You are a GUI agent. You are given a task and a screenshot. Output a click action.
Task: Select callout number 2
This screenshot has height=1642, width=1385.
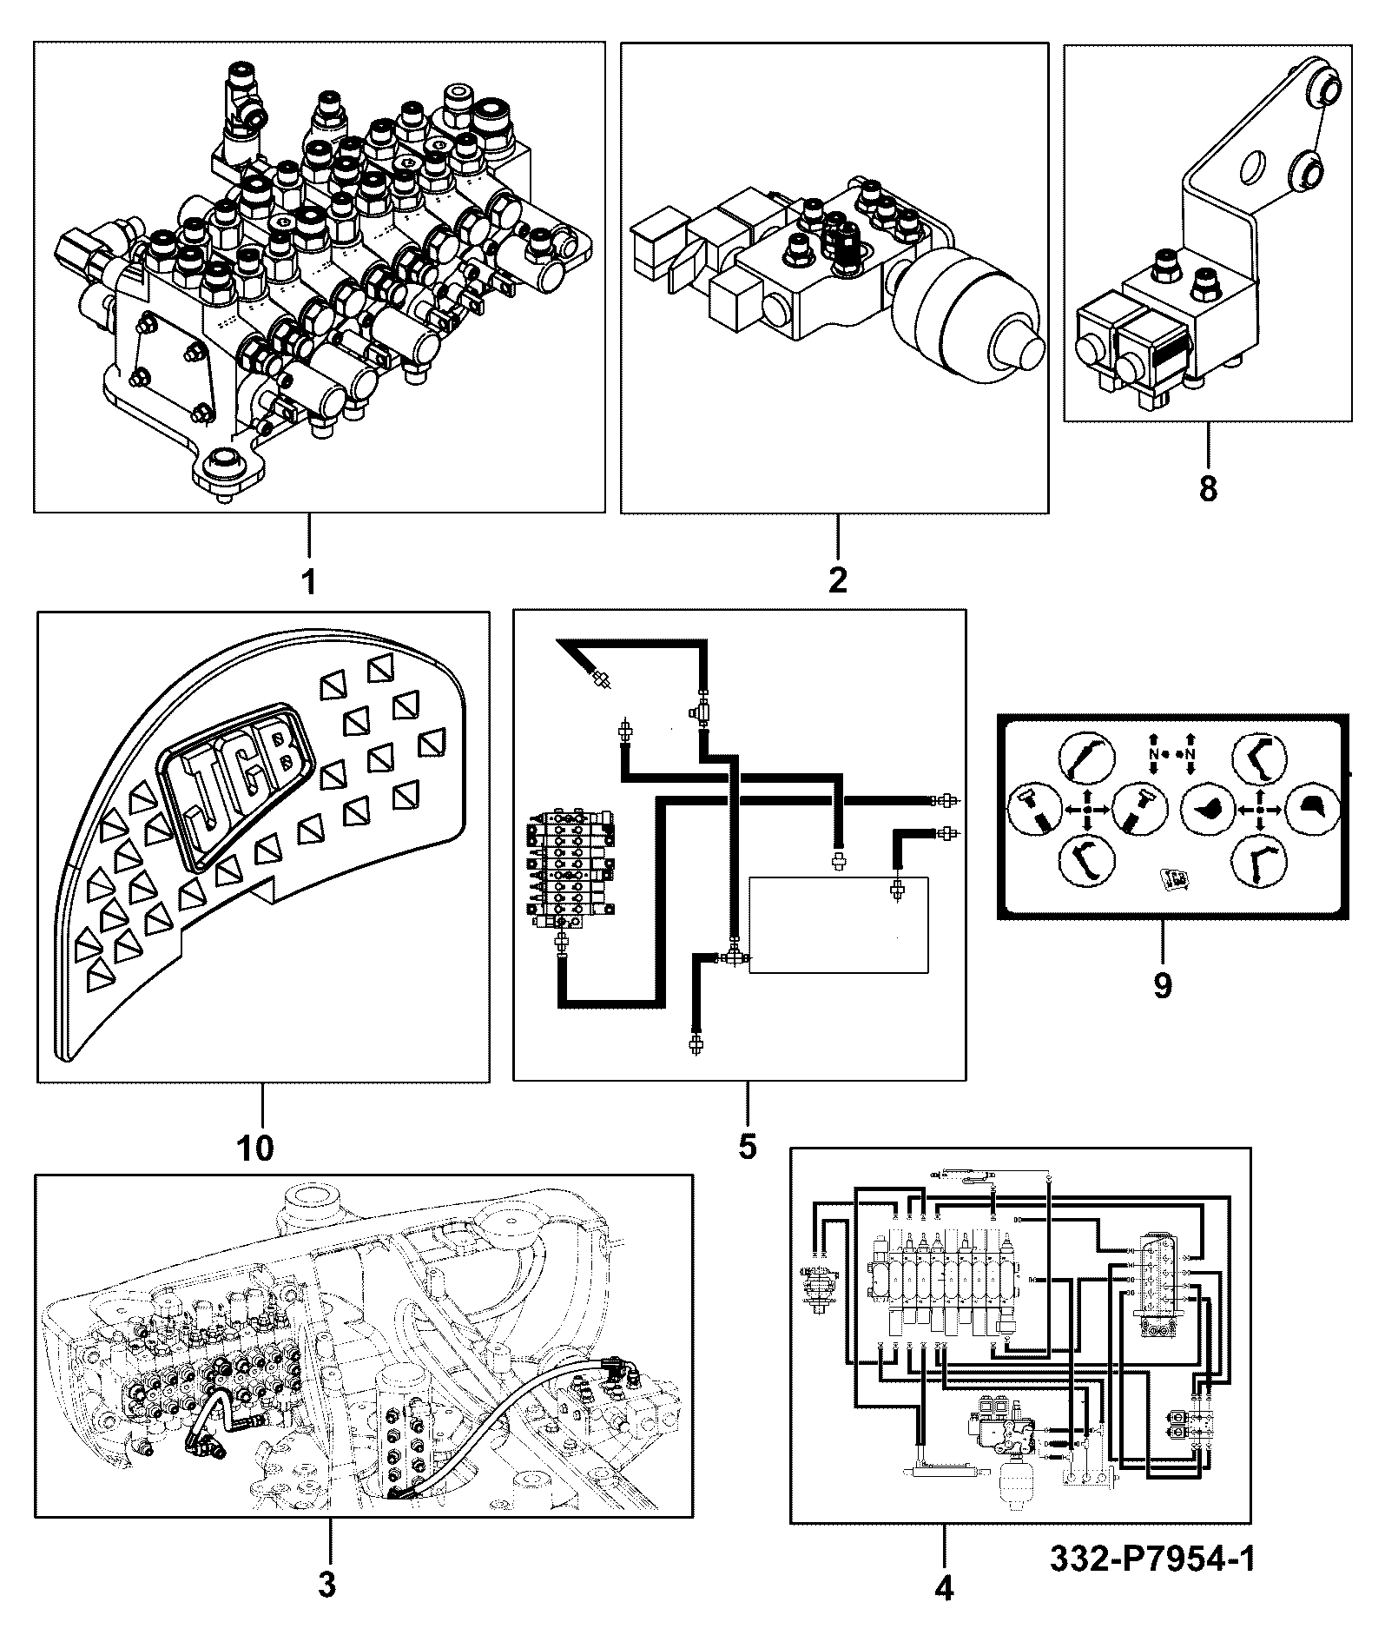(x=837, y=579)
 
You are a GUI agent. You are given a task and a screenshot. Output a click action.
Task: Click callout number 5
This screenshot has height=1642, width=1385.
(x=748, y=1146)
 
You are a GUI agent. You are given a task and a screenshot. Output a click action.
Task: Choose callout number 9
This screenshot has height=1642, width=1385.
(x=1162, y=985)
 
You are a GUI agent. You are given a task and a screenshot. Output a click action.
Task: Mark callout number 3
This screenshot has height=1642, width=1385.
(x=326, y=1586)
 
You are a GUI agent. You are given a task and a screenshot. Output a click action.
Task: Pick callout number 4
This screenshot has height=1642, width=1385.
(x=944, y=1589)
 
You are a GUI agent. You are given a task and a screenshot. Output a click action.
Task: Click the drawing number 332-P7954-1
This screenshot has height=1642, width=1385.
(x=1152, y=1558)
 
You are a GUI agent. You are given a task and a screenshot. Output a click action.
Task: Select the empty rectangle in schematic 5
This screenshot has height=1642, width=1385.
(x=838, y=924)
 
